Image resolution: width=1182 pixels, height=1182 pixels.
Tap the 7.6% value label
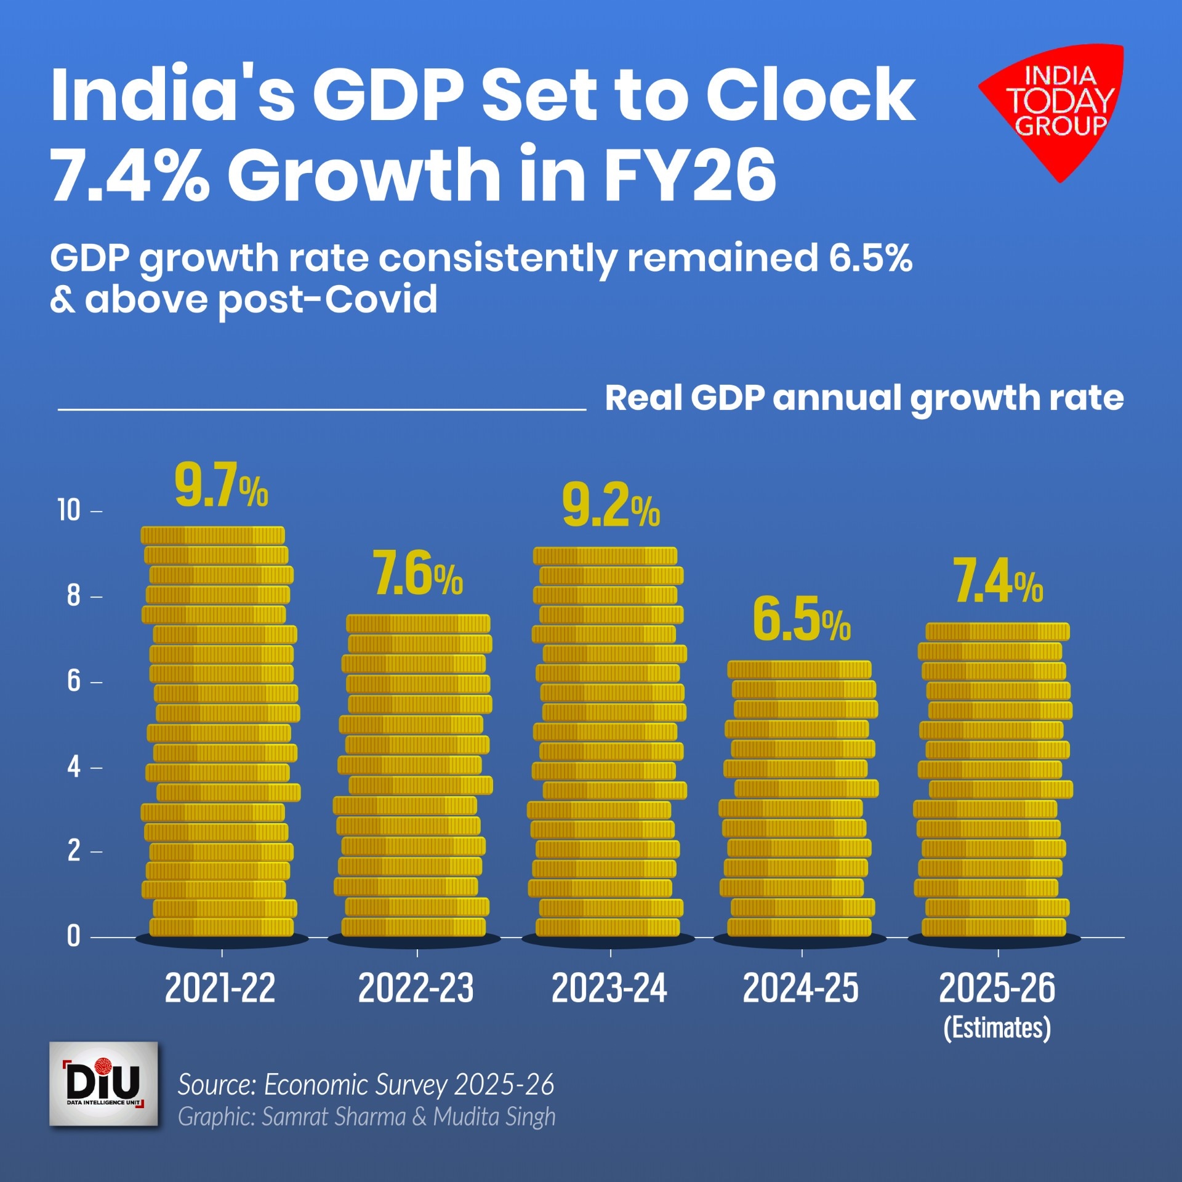[x=418, y=574]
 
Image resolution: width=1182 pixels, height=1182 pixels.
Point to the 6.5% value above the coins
[x=802, y=619]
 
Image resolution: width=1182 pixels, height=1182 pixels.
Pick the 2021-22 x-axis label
[x=220, y=988]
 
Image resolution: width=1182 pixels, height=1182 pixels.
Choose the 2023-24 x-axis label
[x=609, y=988]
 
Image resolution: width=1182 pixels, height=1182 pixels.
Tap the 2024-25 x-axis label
[x=800, y=988]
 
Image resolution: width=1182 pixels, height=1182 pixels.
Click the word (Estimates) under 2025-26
[x=997, y=1028]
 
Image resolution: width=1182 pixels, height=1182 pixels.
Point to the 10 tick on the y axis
[x=69, y=510]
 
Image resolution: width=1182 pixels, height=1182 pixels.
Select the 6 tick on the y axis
[x=73, y=681]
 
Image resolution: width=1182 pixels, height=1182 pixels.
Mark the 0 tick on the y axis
[x=73, y=936]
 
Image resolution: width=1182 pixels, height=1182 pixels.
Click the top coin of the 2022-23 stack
[x=418, y=624]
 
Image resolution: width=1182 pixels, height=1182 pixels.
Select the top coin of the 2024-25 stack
[x=799, y=670]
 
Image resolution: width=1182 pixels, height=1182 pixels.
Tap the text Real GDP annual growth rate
[x=864, y=398]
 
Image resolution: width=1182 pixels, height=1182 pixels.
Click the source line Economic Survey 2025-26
[x=366, y=1085]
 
